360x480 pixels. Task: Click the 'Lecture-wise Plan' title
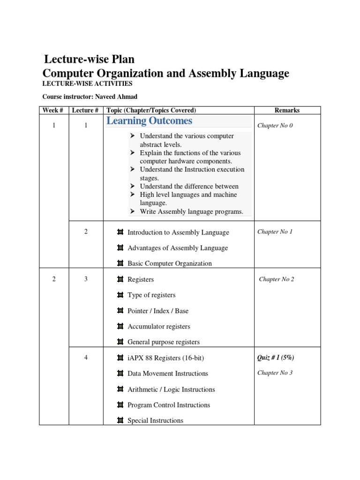(x=89, y=60)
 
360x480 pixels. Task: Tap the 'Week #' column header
(x=53, y=110)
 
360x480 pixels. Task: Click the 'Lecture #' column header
(x=85, y=110)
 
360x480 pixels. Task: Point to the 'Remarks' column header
(x=287, y=110)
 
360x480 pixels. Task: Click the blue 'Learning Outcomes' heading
(x=149, y=121)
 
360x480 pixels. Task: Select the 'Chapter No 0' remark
(x=275, y=126)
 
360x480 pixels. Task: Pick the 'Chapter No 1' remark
(x=275, y=232)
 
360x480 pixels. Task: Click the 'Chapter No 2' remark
(x=277, y=279)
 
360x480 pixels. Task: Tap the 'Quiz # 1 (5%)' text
(x=276, y=358)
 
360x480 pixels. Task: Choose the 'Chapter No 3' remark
(x=275, y=373)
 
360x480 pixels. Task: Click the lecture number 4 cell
(x=86, y=358)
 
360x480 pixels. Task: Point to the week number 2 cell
(x=54, y=279)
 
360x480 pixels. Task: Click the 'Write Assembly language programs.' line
(x=191, y=211)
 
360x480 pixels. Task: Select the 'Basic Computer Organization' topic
(x=170, y=263)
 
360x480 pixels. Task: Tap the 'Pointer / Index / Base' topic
(x=158, y=311)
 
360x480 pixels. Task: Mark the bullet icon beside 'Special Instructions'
(x=120, y=420)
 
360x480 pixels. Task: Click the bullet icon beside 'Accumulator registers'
(x=120, y=326)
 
